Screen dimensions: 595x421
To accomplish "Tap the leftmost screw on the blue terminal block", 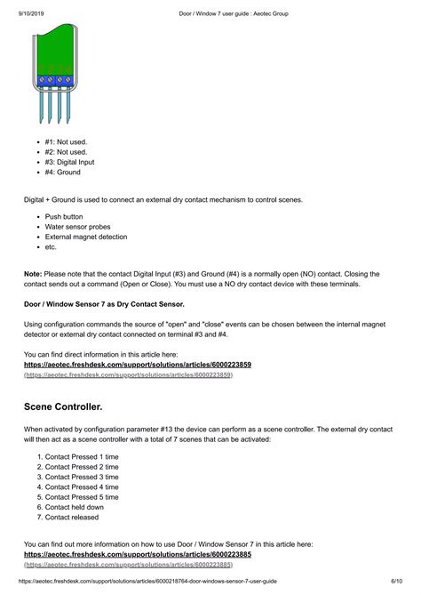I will [41, 81].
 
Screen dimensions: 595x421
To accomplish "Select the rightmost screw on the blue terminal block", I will [71, 81].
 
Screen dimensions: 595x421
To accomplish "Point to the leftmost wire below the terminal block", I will [41, 107].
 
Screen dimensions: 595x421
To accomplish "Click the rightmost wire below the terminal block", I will [71, 107].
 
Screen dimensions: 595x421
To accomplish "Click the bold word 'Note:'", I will [33, 274].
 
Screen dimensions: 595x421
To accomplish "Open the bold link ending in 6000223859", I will [137, 365].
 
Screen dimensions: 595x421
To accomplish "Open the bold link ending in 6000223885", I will [137, 554].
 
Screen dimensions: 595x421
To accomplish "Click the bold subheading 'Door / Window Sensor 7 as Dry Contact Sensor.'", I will [110, 304].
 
